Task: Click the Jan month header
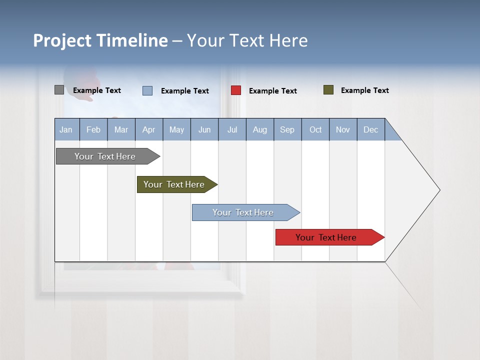(x=66, y=129)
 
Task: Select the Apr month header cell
(x=149, y=129)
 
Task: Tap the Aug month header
(x=260, y=129)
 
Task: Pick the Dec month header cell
(x=371, y=129)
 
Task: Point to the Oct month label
(x=315, y=129)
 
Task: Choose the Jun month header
(x=204, y=129)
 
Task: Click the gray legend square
(x=59, y=90)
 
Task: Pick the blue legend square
(x=147, y=90)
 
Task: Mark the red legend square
(x=236, y=90)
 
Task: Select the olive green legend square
(x=328, y=90)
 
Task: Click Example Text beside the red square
(x=273, y=91)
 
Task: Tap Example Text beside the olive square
(x=365, y=90)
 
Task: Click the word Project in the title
(x=62, y=40)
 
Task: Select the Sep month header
(x=287, y=129)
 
